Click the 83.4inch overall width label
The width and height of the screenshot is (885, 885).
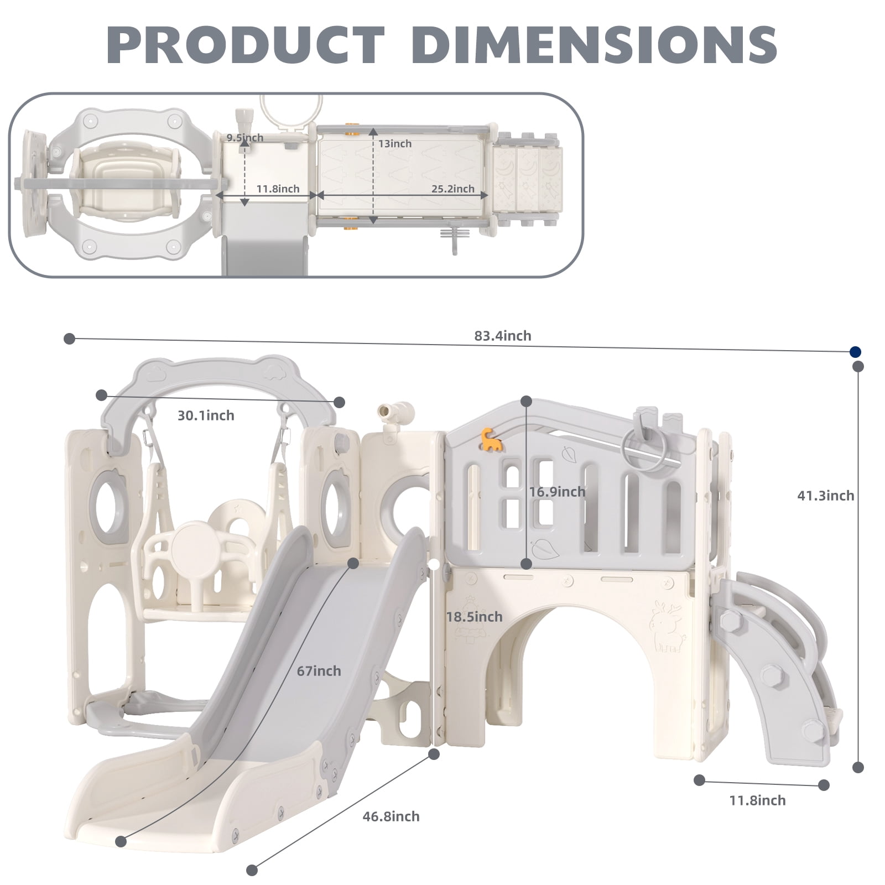coord(502,336)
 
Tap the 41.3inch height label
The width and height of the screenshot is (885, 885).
coord(825,496)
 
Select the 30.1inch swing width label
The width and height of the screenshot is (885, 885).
coord(206,415)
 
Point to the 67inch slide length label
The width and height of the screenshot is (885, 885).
coord(319,671)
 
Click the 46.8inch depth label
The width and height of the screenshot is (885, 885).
coord(391,816)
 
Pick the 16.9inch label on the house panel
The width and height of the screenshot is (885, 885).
coord(557,492)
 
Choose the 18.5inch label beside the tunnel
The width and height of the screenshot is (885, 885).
coord(475,617)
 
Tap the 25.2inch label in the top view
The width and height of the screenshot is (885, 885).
coord(453,189)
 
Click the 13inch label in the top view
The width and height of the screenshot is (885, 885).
coord(395,144)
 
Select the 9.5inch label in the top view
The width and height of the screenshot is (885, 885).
coord(244,138)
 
